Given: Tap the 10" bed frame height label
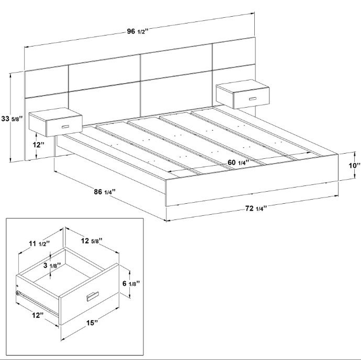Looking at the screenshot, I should pyautogui.click(x=354, y=166).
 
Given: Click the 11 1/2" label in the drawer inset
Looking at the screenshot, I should pyautogui.click(x=39, y=243).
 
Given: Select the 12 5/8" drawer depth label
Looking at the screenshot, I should pyautogui.click(x=91, y=241).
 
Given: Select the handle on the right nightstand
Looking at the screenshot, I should pyautogui.click(x=253, y=98).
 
